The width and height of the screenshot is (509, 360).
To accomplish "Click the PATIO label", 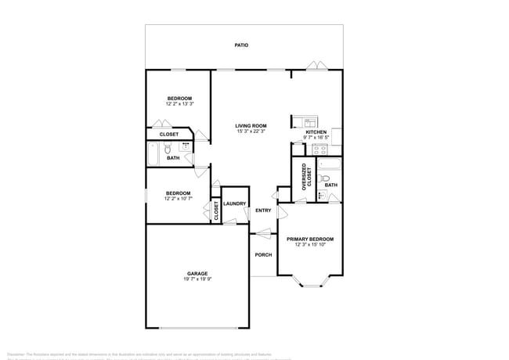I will tap(242, 45).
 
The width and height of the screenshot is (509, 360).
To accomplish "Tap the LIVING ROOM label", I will tap(251, 125).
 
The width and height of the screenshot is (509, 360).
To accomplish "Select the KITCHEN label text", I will tap(316, 132).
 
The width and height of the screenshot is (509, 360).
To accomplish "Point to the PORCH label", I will tap(263, 254).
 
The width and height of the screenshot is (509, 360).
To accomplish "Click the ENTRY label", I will tap(263, 211).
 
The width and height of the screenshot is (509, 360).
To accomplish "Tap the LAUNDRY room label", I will tap(235, 204).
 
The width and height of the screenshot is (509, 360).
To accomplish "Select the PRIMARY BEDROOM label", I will tap(310, 239).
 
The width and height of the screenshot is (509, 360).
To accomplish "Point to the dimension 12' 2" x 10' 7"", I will tap(178, 199).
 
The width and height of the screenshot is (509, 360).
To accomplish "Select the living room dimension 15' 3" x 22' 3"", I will tap(251, 131).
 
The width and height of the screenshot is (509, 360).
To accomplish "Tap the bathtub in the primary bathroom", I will tap(330, 165).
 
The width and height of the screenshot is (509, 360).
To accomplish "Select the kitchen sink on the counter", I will tap(310, 123).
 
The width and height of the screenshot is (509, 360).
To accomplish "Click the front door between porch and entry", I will tap(263, 232).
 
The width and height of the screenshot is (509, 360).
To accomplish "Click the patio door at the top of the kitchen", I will tap(316, 66).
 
